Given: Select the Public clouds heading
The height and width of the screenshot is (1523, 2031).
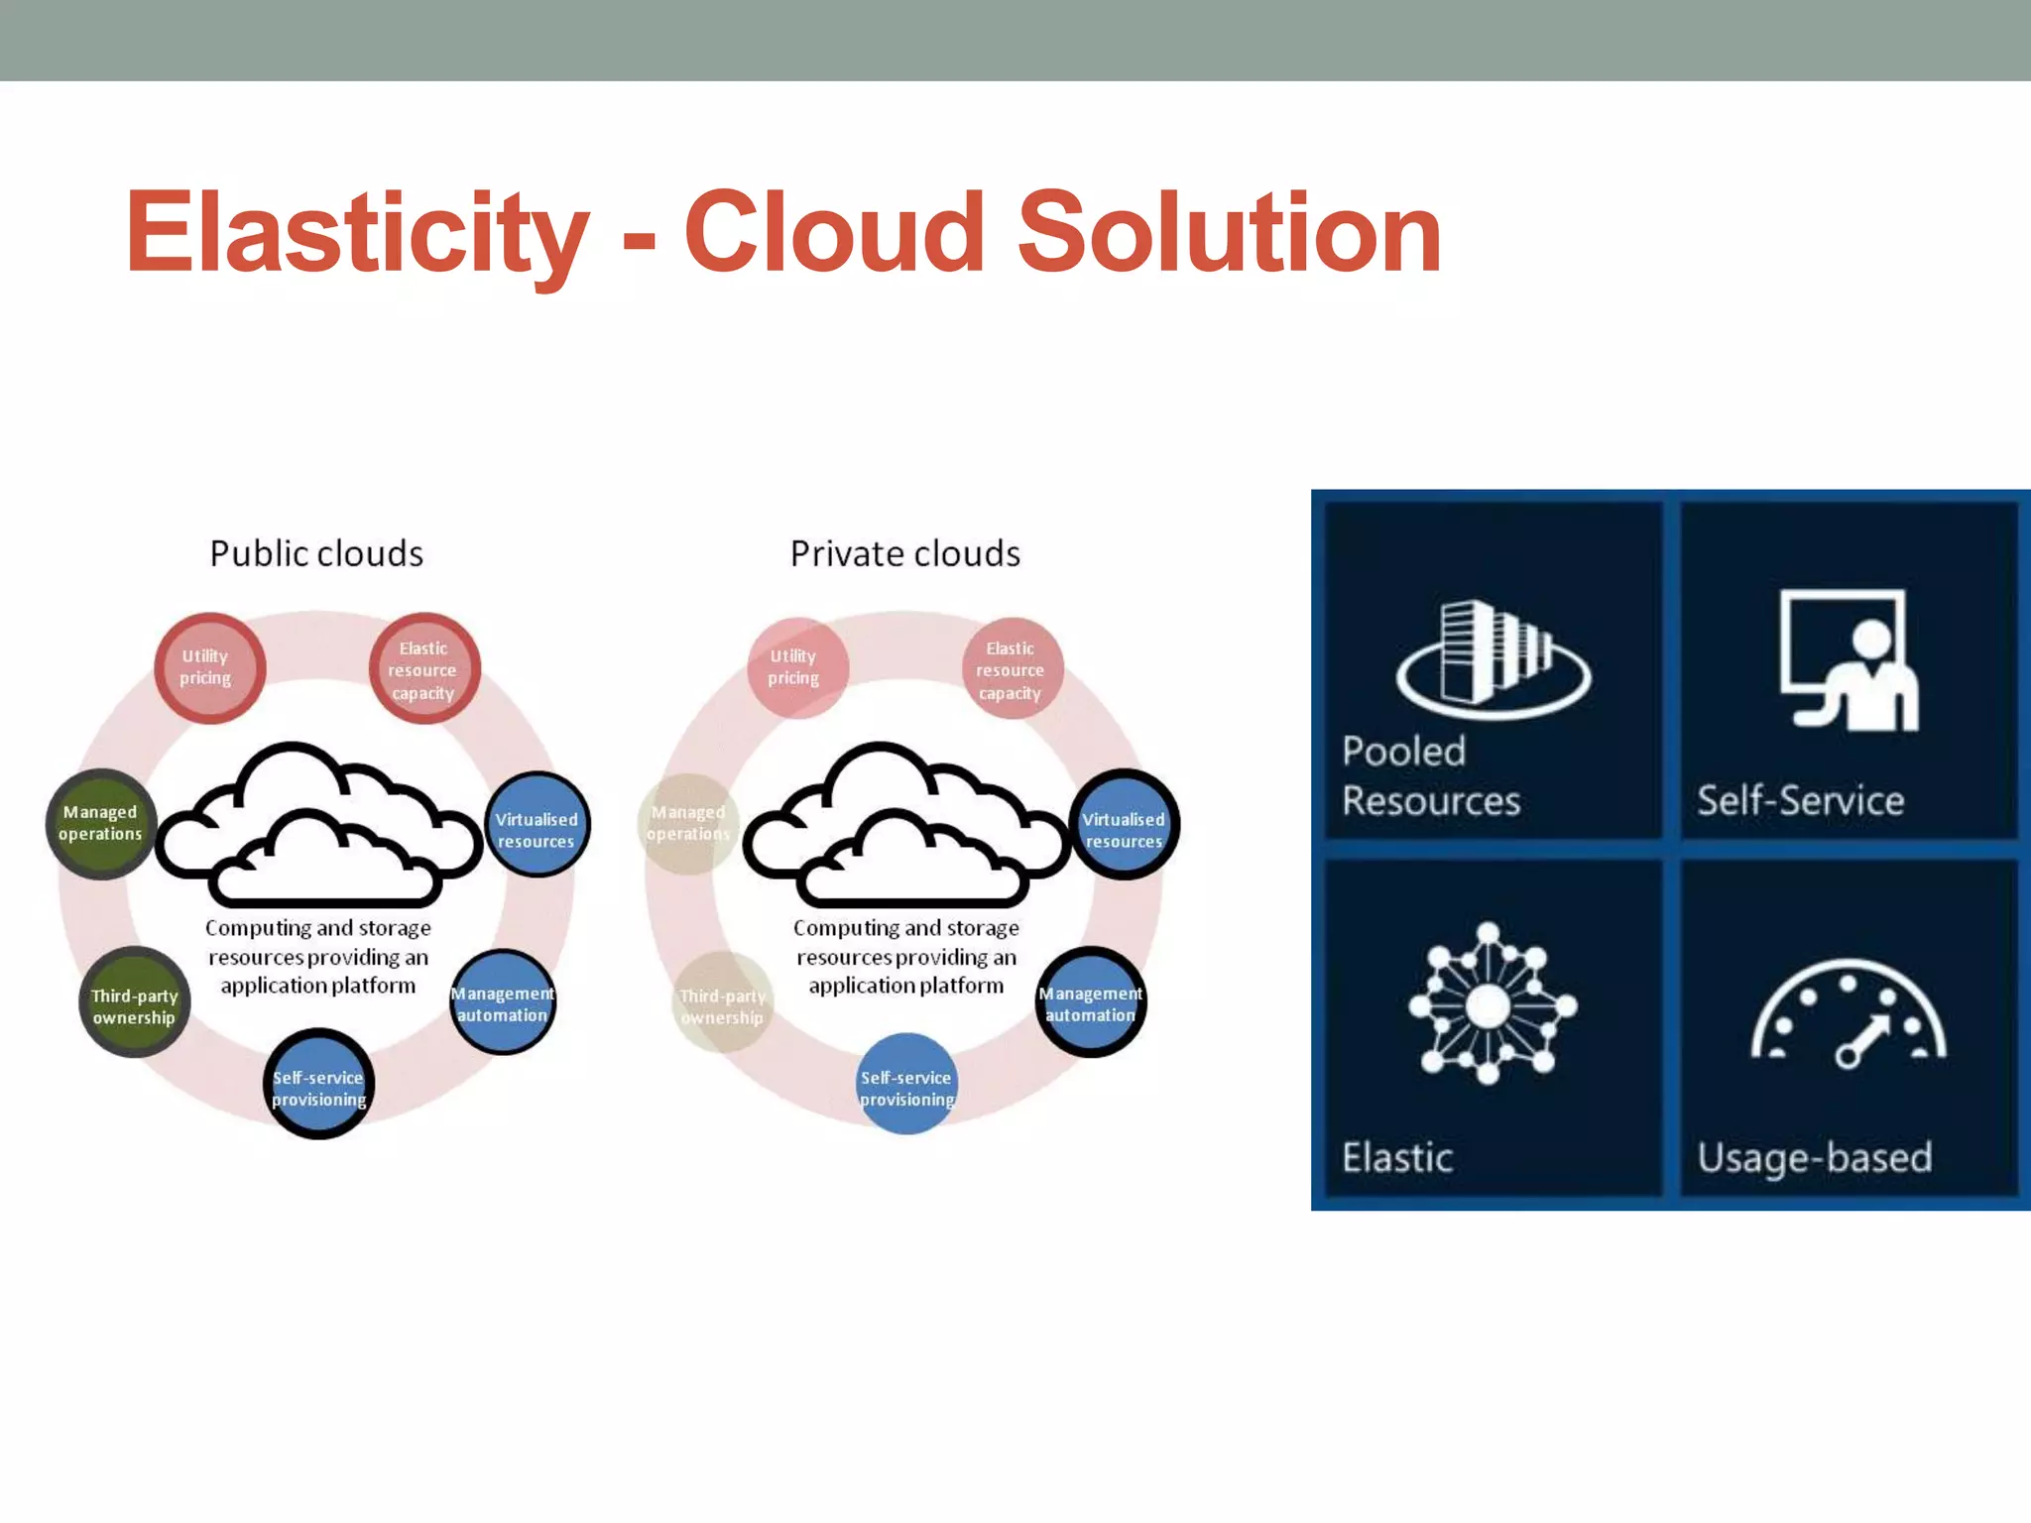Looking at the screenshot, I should pos(316,553).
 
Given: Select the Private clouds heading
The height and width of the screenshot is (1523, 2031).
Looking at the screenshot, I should pos(904,553).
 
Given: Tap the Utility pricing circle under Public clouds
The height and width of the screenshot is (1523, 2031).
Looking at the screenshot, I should pos(208,667).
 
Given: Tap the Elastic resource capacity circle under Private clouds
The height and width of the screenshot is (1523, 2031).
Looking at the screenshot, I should pos(1012,669).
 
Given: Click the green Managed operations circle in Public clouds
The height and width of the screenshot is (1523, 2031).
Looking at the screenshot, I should pos(100,823).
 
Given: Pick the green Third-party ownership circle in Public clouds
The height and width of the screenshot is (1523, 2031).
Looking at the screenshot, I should pos(134,1003).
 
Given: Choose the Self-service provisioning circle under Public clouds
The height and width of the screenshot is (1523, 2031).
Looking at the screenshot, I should pos(318,1085).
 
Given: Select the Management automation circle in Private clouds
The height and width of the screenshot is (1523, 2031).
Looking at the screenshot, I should pos(1091,1002).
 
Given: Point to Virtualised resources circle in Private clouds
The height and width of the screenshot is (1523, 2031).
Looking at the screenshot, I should pos(1124,825).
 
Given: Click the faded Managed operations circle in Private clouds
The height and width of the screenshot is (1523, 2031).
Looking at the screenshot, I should pos(688,823).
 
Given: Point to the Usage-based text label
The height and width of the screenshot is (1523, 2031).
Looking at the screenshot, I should pos(1815,1157).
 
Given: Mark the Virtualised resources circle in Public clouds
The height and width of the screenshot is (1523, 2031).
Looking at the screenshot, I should pos(537,825).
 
